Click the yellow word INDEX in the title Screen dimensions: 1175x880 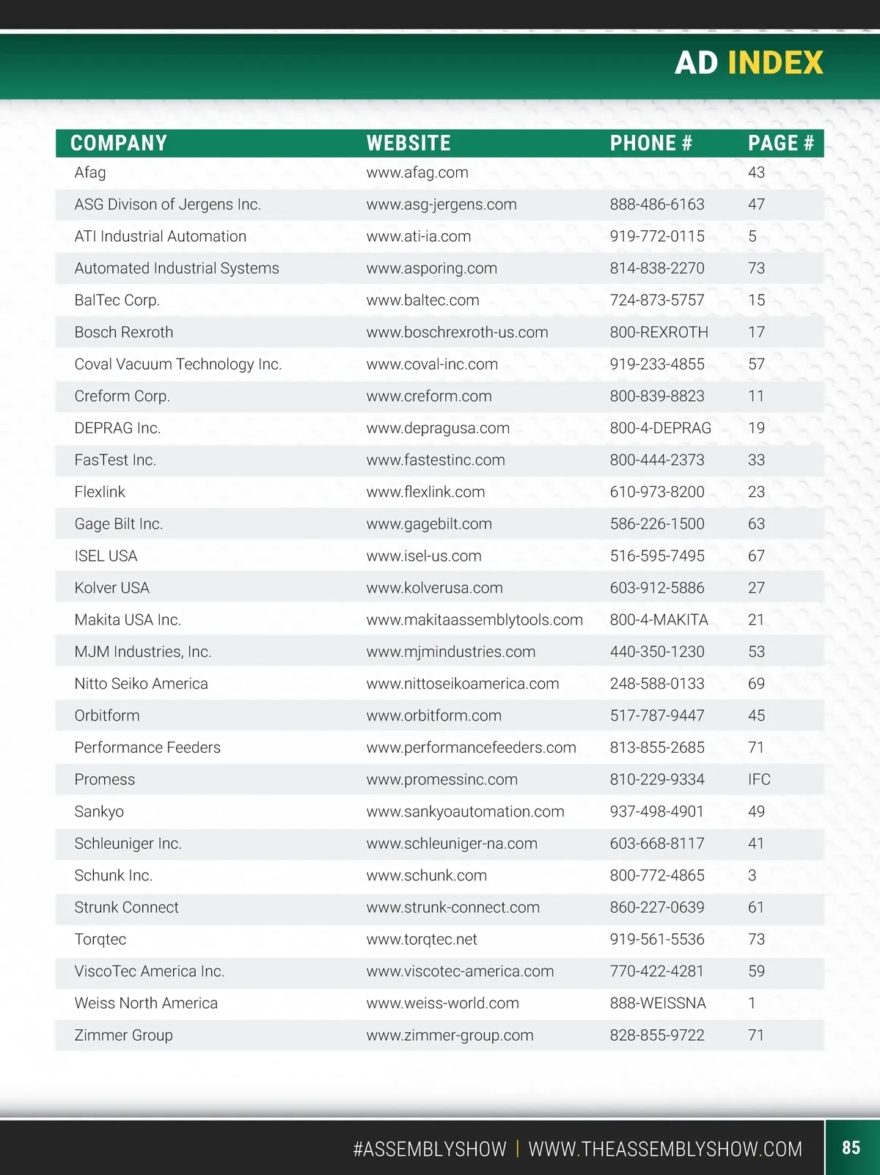(775, 63)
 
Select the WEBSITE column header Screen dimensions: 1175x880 (408, 143)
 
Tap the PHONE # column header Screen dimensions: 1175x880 (650, 143)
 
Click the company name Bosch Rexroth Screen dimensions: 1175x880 (124, 332)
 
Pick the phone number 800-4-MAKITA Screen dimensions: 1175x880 (659, 619)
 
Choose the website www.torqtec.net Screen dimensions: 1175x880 (422, 939)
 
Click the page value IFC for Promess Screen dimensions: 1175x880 (759, 779)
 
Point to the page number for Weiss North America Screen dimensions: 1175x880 (752, 1003)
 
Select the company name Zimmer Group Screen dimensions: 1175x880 (124, 1035)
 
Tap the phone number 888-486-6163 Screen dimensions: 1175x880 (657, 205)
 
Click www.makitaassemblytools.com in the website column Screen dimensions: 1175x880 (474, 619)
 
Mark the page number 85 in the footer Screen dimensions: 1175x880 (851, 1147)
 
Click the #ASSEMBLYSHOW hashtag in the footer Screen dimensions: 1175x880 (430, 1149)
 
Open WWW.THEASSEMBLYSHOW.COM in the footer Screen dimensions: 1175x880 (665, 1149)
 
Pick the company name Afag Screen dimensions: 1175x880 (90, 172)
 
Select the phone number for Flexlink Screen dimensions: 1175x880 (657, 492)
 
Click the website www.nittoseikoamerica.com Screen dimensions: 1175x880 (463, 683)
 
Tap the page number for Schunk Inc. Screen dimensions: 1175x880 (752, 875)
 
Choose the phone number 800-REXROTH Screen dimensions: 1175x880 (659, 332)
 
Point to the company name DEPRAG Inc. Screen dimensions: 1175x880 (117, 428)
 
